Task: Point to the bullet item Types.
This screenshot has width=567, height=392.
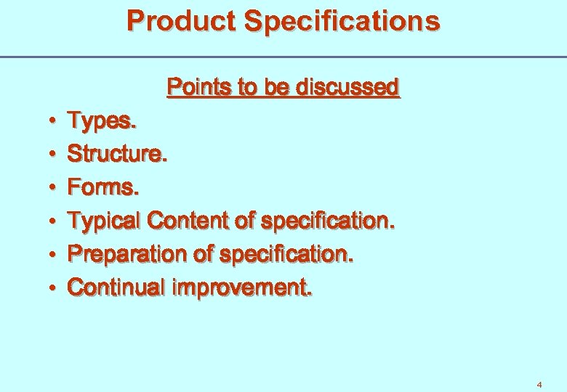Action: (x=101, y=121)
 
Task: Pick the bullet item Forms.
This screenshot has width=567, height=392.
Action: (x=102, y=187)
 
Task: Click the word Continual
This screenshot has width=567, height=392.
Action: (x=116, y=287)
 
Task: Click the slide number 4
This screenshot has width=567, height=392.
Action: (x=539, y=384)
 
